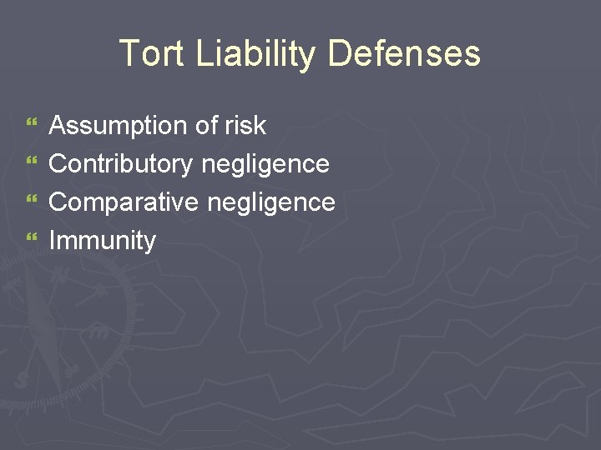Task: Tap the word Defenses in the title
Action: tap(404, 53)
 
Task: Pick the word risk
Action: tap(245, 126)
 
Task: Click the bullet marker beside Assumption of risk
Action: tap(32, 126)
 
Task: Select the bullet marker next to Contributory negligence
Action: tap(32, 164)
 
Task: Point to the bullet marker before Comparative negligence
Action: tap(32, 202)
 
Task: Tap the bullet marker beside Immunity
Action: tap(32, 241)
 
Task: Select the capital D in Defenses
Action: tap(340, 53)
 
